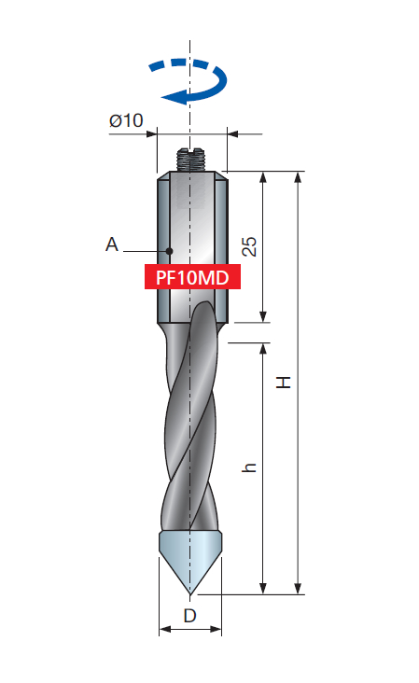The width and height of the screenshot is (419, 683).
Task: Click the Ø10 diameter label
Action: [x=125, y=120]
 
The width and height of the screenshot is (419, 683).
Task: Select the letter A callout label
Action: [x=112, y=244]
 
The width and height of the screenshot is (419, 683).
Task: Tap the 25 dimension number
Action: [x=249, y=246]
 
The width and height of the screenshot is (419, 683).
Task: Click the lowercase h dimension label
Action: [x=249, y=467]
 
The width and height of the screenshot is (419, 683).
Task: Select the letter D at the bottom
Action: [x=189, y=616]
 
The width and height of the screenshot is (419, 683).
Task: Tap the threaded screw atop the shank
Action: [x=190, y=160]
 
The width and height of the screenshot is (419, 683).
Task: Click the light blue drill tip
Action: [x=190, y=546]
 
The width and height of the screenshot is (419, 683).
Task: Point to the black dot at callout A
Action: [x=170, y=250]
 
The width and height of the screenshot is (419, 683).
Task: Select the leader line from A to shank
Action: [x=145, y=250]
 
